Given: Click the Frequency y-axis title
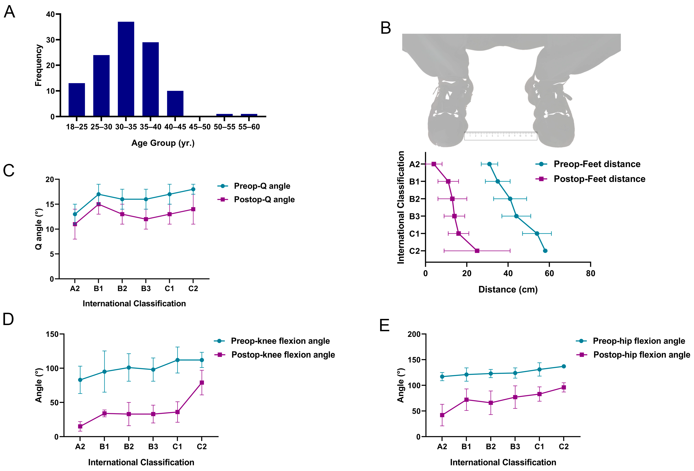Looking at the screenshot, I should [x=38, y=65].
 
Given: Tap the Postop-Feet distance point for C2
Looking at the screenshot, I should [x=477, y=251].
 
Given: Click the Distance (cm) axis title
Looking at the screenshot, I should [x=508, y=289].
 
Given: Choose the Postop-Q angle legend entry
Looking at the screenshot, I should [x=264, y=199].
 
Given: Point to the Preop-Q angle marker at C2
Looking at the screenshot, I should [x=193, y=189].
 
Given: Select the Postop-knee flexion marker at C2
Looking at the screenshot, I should [x=202, y=382].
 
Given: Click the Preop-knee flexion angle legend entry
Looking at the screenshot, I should [x=280, y=341].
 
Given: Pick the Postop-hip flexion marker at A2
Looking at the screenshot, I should [x=442, y=415].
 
